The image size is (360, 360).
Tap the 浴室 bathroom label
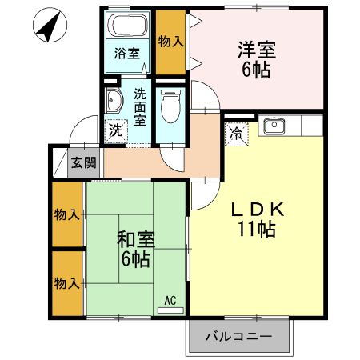126,55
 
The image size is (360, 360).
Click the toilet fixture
169,103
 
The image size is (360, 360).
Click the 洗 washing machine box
117,129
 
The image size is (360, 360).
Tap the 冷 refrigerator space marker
238,134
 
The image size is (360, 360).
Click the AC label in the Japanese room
170,300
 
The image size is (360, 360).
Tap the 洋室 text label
257,50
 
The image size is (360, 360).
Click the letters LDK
256,210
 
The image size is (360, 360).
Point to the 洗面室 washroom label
140,106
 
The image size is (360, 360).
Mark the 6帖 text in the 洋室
257,70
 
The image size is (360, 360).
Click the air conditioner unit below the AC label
170,310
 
